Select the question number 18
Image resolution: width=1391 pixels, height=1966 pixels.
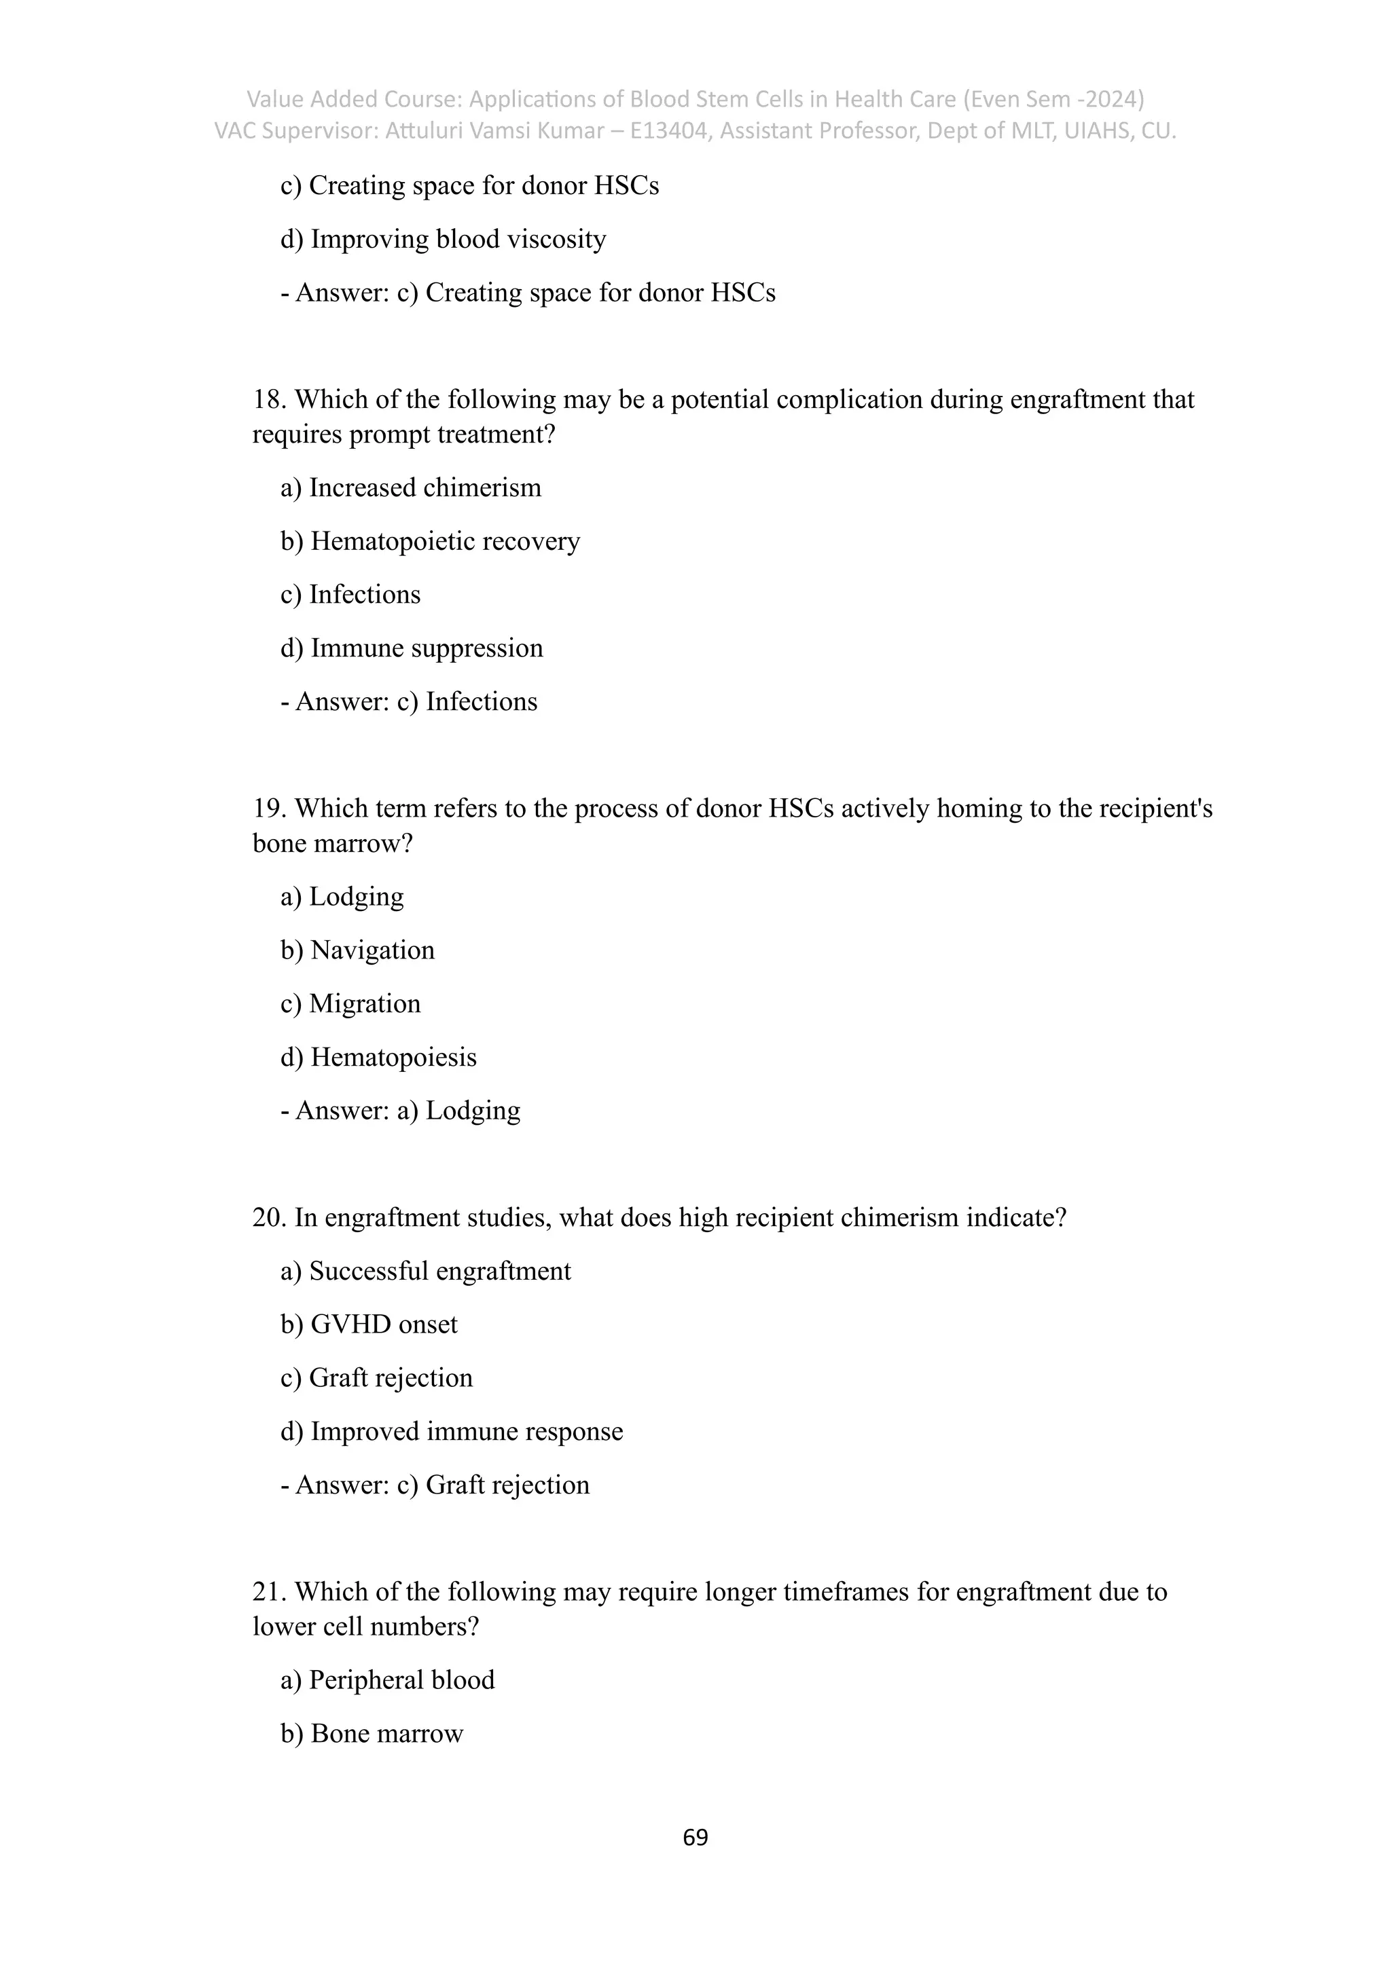[269, 400]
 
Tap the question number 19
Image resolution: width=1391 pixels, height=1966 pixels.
[269, 809]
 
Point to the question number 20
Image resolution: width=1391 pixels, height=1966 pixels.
[269, 1217]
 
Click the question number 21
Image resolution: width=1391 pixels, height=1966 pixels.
[269, 1592]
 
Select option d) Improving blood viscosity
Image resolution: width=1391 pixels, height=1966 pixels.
[443, 239]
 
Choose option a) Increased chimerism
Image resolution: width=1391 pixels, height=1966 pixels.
[410, 488]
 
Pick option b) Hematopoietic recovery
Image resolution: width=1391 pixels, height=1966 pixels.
[430, 541]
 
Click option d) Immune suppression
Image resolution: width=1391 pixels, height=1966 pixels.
[411, 648]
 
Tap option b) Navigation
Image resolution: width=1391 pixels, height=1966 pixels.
[357, 950]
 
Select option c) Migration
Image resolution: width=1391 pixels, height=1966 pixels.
[350, 1003]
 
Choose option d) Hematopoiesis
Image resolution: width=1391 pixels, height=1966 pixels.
[378, 1058]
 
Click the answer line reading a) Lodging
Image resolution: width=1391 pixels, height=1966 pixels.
[400, 1111]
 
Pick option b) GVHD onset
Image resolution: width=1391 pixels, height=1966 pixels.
[368, 1324]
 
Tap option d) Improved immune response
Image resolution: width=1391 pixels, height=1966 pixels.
[452, 1432]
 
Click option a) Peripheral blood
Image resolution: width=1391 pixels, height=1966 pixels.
[387, 1680]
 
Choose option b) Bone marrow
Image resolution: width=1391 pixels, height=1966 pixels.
[371, 1734]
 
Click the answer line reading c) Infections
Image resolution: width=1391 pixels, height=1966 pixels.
[409, 702]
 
